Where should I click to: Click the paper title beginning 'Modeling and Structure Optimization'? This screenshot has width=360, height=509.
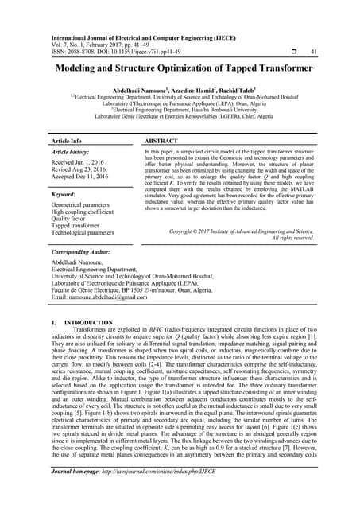click(180, 69)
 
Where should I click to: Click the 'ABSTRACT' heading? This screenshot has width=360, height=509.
click(161, 140)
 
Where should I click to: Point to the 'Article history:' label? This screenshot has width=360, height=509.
click(71, 150)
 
